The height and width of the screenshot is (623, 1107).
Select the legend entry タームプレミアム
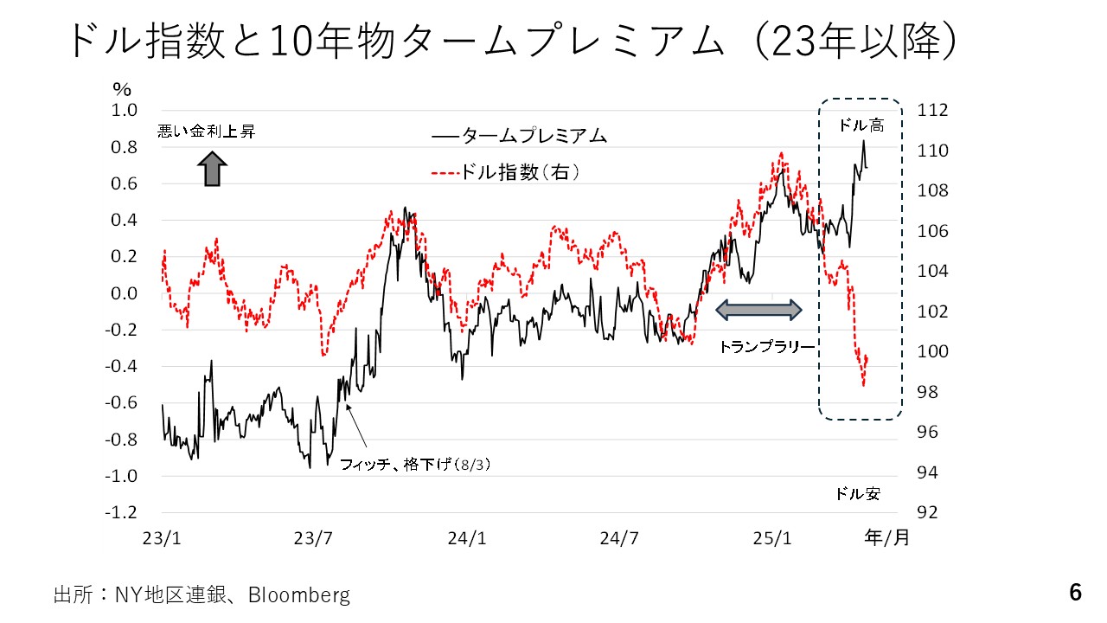click(x=519, y=136)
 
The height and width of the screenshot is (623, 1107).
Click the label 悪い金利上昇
click(x=207, y=132)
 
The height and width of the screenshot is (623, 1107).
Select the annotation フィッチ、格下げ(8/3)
click(x=415, y=465)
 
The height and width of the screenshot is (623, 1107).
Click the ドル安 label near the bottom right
click(x=857, y=494)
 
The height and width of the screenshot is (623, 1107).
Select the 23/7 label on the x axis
click(x=314, y=537)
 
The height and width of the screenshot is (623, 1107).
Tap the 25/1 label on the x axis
click(x=772, y=537)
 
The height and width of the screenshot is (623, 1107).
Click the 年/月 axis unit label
click(x=886, y=537)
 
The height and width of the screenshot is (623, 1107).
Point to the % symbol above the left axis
click(x=121, y=89)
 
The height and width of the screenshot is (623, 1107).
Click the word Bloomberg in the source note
click(x=299, y=595)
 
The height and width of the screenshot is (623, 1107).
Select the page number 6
click(x=1075, y=593)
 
